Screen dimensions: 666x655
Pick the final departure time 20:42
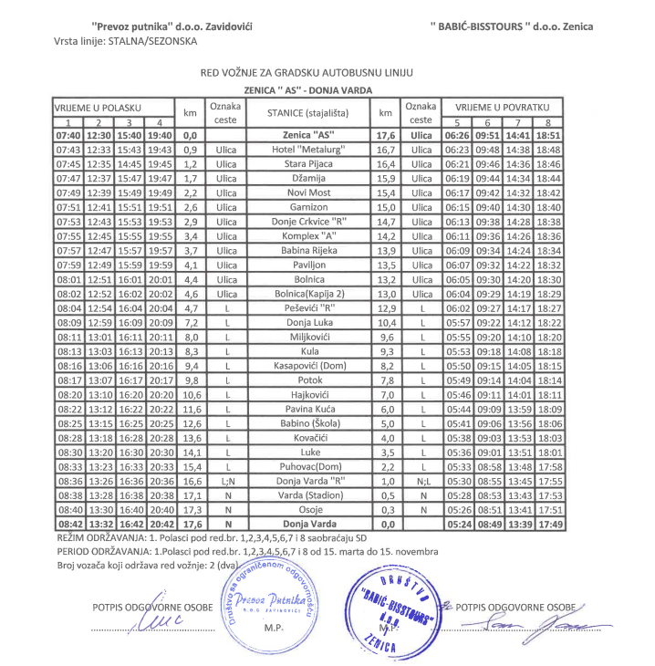pyautogui.click(x=161, y=525)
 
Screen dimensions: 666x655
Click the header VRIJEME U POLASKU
pyautogui.click(x=100, y=108)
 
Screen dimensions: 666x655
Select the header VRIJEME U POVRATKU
pyautogui.click(x=503, y=108)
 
